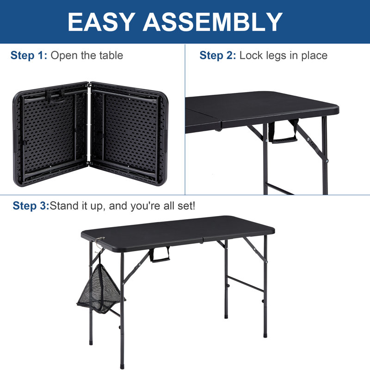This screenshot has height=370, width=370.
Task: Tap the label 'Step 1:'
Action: click(29, 56)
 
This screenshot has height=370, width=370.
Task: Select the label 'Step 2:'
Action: click(218, 56)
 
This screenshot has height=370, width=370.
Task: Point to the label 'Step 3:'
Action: click(31, 206)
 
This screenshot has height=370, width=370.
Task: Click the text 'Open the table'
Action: click(86, 56)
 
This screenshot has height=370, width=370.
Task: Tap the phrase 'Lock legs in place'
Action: click(283, 56)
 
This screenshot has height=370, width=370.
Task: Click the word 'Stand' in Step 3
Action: click(65, 206)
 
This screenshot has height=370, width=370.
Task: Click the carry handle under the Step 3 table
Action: click(160, 254)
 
